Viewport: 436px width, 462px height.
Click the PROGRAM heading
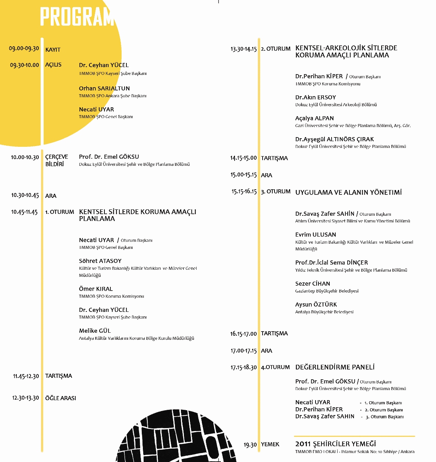coord(77,17)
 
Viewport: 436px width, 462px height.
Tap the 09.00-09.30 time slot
coord(24,48)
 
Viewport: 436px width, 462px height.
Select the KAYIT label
coord(53,50)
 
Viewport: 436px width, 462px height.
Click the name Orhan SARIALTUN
coord(104,88)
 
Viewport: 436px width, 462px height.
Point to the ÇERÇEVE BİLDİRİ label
coord(56,161)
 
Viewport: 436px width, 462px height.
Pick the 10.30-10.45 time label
coord(25,195)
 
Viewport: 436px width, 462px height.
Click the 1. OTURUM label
coord(60,212)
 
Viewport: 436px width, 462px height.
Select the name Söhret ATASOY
coord(100,261)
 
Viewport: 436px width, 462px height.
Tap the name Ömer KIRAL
coord(96,289)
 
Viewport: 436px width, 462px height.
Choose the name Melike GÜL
coord(95,330)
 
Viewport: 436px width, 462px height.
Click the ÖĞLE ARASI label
coord(60,398)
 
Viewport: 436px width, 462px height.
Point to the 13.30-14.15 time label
coord(244,49)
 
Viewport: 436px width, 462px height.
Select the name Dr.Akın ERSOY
coord(316,97)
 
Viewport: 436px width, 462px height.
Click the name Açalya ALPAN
coord(314,118)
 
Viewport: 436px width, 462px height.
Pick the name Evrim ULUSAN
coord(316,235)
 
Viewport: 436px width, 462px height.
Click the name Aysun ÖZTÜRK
coord(316,304)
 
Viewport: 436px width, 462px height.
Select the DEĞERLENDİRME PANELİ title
coord(335,367)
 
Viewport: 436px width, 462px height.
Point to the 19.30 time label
coord(250,444)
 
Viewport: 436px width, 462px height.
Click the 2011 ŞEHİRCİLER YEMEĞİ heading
coord(336,444)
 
